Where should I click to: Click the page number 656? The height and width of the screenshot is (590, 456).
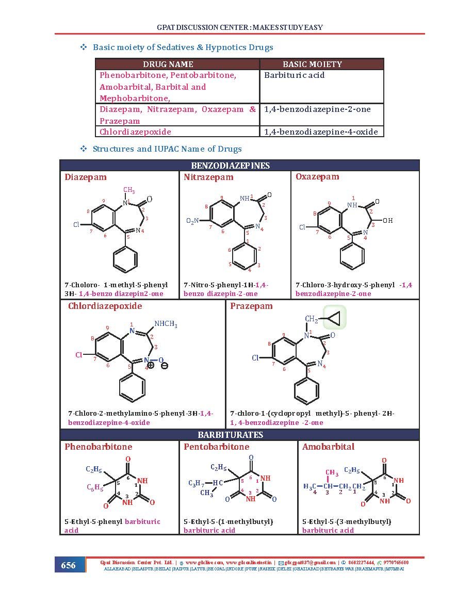click(68, 565)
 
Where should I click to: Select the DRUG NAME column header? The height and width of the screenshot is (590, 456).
click(168, 64)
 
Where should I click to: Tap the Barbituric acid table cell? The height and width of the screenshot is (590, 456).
click(295, 75)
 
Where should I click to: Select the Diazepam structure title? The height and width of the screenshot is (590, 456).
click(86, 177)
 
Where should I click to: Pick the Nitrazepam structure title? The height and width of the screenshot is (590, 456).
click(208, 177)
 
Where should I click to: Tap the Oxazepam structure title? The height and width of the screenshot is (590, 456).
click(317, 177)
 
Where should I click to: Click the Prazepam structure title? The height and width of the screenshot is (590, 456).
click(251, 306)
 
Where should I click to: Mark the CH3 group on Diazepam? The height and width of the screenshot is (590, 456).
click(129, 190)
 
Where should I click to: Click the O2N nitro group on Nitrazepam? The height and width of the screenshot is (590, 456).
click(192, 221)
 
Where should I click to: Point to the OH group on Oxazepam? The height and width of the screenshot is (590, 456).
click(387, 221)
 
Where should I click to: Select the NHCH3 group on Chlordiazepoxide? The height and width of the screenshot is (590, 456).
click(166, 324)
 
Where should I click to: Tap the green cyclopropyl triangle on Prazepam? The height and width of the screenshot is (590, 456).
click(334, 318)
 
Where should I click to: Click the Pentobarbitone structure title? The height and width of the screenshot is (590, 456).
click(216, 447)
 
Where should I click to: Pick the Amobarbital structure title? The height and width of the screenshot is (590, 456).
click(328, 447)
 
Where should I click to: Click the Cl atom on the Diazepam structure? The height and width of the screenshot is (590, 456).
click(76, 225)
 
